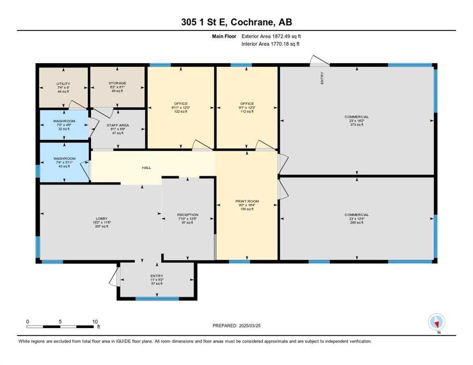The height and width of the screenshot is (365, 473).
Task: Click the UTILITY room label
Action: (63, 83)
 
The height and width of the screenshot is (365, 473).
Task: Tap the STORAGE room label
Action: (117, 83)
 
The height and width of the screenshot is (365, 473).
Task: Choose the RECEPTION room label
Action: (187, 215)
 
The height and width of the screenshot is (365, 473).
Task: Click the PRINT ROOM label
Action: (247, 202)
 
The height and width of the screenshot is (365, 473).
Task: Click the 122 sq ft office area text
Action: (181, 111)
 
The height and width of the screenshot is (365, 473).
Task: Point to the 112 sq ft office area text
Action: (247, 111)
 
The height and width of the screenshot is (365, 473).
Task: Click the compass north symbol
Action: (436, 323)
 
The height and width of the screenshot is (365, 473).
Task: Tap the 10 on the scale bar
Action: (95, 321)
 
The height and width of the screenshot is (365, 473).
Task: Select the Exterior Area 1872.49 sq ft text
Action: (271, 36)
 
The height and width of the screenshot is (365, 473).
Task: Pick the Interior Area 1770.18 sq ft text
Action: (271, 44)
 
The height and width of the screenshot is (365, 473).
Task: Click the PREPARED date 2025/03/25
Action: (236, 326)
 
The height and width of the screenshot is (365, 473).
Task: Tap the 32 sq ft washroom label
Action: (64, 129)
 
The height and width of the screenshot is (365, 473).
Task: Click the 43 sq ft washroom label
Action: (64, 166)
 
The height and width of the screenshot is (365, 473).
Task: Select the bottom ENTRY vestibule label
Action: (157, 276)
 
